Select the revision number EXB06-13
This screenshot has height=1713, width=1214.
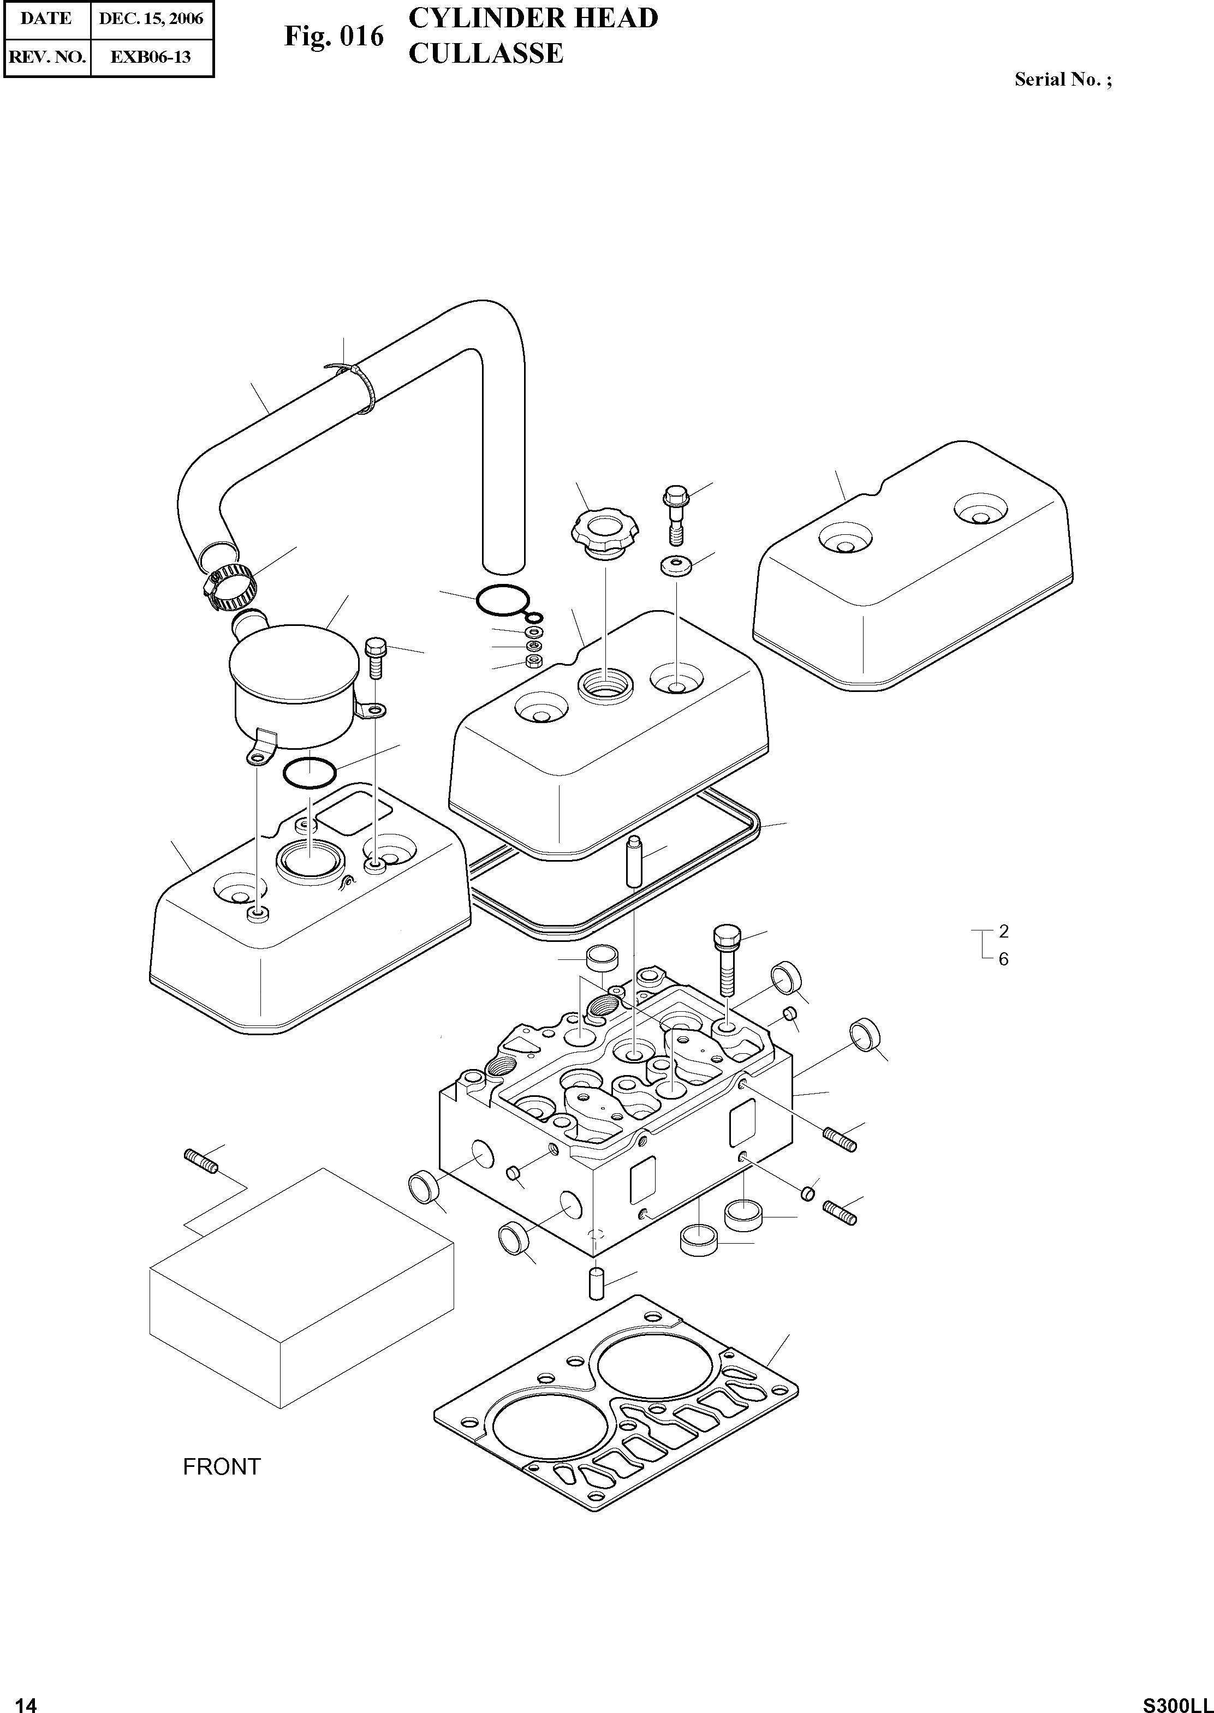click(151, 57)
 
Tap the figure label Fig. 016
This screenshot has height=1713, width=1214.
click(334, 37)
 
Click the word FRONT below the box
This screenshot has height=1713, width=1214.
click(222, 1466)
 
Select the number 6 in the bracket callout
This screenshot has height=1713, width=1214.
click(1003, 958)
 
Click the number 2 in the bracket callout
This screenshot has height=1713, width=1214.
click(1003, 931)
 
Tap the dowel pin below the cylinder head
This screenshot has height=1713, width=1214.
click(597, 1284)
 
